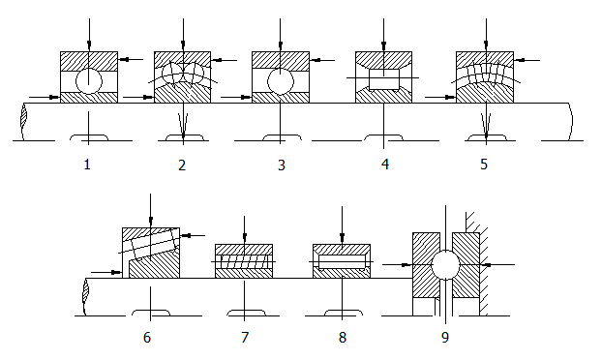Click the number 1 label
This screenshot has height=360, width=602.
pyautogui.click(x=87, y=165)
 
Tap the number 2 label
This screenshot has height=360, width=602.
pyautogui.click(x=182, y=165)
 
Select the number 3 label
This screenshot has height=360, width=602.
pyautogui.click(x=282, y=165)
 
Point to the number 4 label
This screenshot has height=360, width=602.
pyautogui.click(x=385, y=164)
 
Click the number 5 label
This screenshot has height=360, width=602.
pyautogui.click(x=484, y=165)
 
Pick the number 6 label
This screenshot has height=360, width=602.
pyautogui.click(x=147, y=338)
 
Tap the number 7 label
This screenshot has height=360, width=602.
pyautogui.click(x=245, y=338)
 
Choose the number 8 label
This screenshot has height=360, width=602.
pyautogui.click(x=343, y=338)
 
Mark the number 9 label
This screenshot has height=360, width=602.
pyautogui.click(x=445, y=338)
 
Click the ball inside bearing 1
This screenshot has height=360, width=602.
pyautogui.click(x=89, y=81)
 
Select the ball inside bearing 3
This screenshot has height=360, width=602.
pyautogui.click(x=281, y=81)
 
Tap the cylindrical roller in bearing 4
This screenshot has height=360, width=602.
pyautogui.click(x=384, y=79)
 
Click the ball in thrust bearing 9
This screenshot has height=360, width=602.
pyautogui.click(x=446, y=265)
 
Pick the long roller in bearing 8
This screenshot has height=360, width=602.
pyautogui.click(x=342, y=261)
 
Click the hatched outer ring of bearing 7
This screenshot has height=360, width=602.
pyautogui.click(x=244, y=250)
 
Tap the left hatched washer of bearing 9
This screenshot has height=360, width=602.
pyautogui.click(x=426, y=265)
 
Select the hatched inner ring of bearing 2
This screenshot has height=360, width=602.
pyautogui.click(x=182, y=94)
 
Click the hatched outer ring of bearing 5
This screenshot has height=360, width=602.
pyautogui.click(x=485, y=59)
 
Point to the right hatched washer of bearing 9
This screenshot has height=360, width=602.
pyautogui.click(x=467, y=265)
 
